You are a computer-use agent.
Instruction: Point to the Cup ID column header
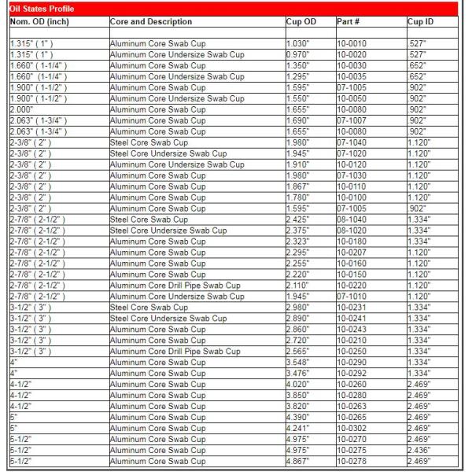421,21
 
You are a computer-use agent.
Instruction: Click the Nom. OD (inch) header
40,21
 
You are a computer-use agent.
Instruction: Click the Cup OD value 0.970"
298,54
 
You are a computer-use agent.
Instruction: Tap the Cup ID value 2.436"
419,451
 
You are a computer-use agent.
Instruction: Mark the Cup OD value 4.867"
298,462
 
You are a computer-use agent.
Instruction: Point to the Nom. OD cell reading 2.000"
23,109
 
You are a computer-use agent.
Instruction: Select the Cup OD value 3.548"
298,363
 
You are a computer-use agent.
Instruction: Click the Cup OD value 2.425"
298,219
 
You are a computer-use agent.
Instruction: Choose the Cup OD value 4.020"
298,385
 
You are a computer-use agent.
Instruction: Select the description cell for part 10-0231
149,308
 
